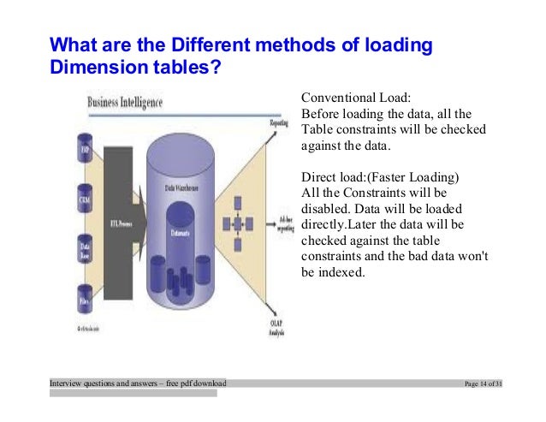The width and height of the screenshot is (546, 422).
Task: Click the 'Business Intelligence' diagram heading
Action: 125,101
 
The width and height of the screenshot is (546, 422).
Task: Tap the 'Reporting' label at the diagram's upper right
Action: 278,124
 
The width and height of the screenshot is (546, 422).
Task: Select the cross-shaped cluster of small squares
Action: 234,224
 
